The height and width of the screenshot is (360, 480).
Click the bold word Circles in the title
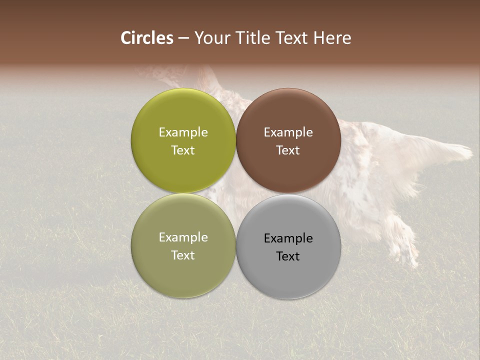(x=147, y=38)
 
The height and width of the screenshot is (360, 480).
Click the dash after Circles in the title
(x=183, y=38)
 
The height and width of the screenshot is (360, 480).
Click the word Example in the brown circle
(x=288, y=132)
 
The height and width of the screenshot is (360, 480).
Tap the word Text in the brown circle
(x=288, y=150)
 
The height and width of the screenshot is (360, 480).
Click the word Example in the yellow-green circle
(x=183, y=132)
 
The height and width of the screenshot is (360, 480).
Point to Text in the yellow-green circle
(x=183, y=150)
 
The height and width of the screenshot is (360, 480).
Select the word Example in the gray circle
(x=288, y=238)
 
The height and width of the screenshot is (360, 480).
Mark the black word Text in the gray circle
(x=288, y=256)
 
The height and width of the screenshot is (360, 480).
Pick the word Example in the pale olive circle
(x=183, y=237)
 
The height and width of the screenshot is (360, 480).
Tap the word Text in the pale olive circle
(x=183, y=255)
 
